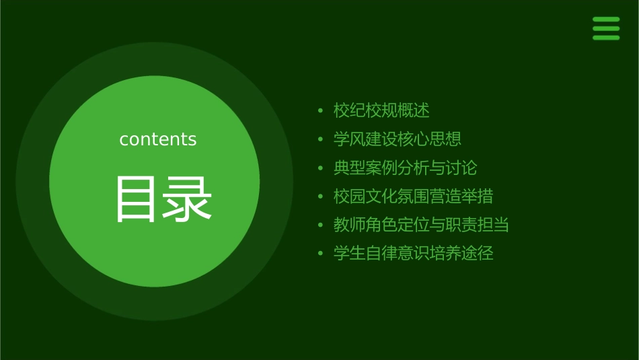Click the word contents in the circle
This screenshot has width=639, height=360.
(158, 139)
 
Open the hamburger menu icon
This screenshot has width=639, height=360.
(605, 28)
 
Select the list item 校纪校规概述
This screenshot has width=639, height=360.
(381, 110)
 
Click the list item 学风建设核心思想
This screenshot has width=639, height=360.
(397, 139)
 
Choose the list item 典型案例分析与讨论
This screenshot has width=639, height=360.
(405, 168)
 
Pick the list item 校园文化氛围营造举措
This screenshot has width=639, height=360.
(413, 196)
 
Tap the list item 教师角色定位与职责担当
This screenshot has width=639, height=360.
(421, 225)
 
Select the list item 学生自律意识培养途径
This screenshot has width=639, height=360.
(413, 254)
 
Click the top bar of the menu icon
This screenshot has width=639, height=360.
(605, 20)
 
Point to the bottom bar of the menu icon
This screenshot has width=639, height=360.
(605, 38)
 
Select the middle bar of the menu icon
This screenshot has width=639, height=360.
(605, 28)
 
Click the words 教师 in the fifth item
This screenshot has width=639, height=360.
(349, 225)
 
